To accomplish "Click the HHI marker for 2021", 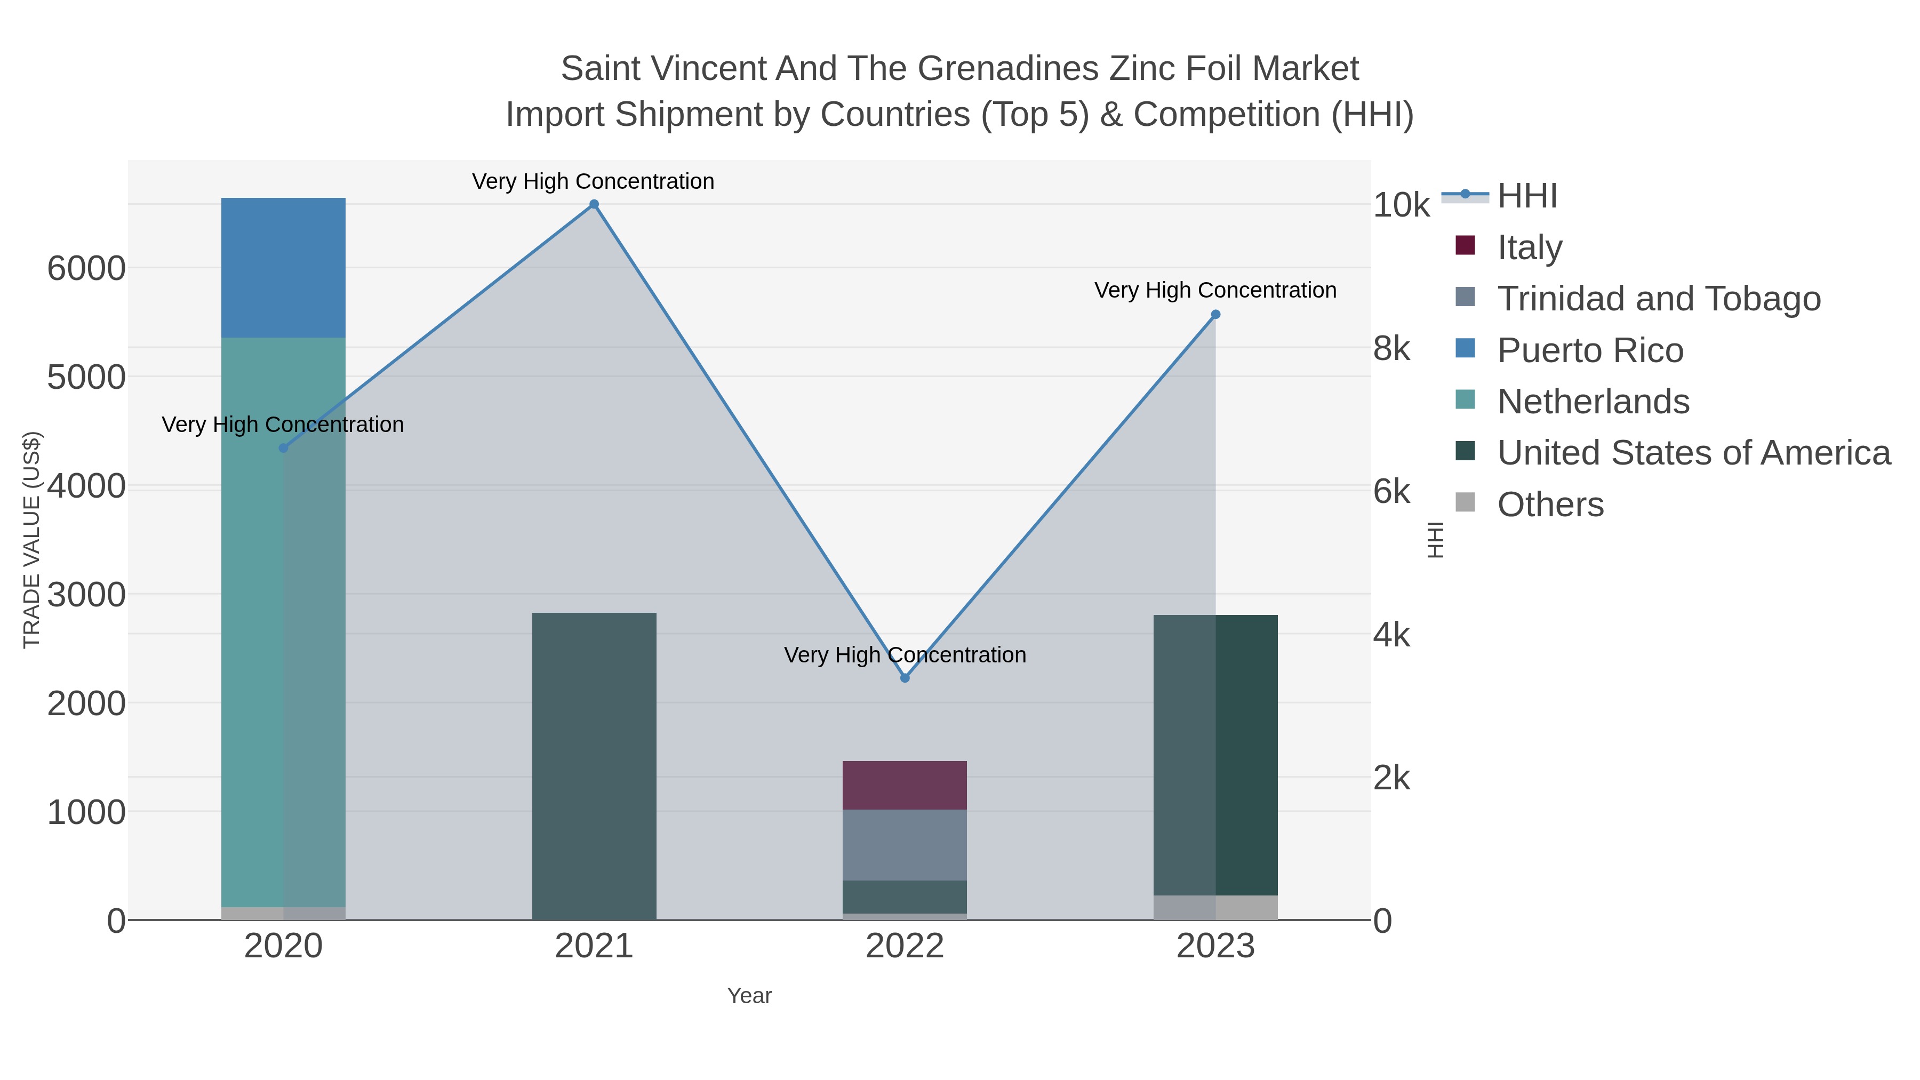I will tap(594, 204).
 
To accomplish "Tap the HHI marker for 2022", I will tap(905, 678).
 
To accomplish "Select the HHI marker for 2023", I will tap(1215, 315).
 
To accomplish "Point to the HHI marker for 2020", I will tap(283, 448).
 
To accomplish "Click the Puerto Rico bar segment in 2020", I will tap(283, 268).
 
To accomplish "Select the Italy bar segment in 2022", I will tap(905, 785).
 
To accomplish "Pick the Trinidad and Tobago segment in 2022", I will tap(905, 844).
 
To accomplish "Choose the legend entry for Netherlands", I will tap(1593, 402).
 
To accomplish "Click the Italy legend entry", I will tap(1530, 247).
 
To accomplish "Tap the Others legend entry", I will tap(1550, 505).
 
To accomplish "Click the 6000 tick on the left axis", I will tap(86, 268).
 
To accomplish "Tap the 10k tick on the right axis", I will tap(1401, 205).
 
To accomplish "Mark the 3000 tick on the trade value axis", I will tap(86, 595).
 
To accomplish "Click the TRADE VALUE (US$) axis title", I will tap(32, 540).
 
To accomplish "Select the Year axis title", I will tap(749, 996).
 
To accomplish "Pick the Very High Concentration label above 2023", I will tap(1215, 290).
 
